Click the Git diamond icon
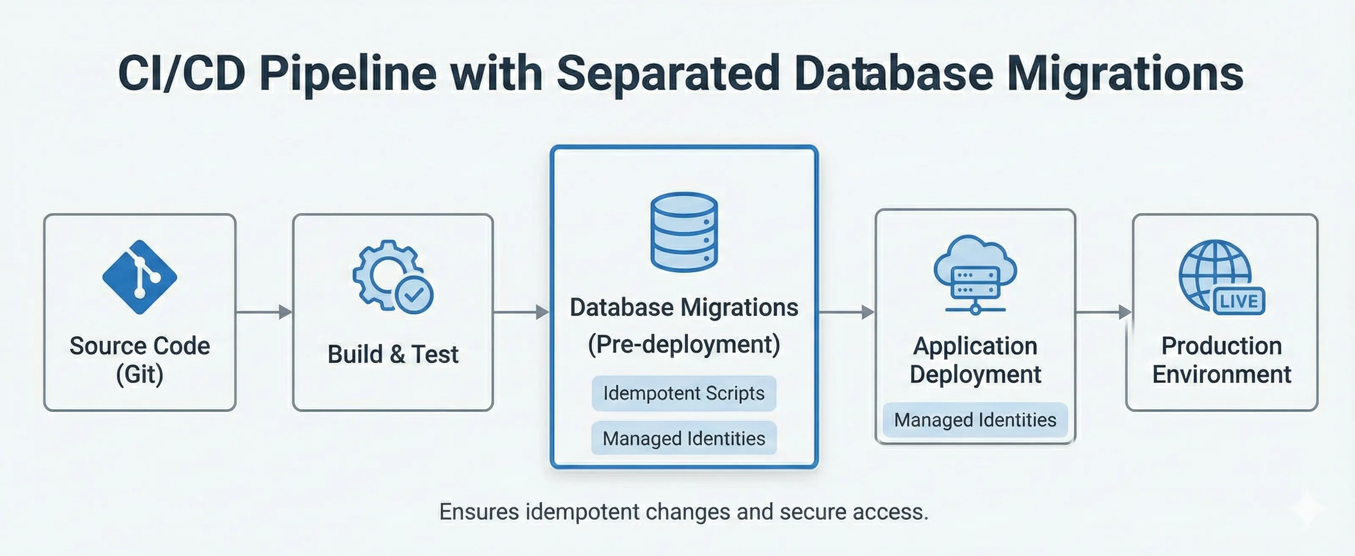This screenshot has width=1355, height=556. click(x=139, y=277)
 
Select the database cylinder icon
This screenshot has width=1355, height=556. click(x=684, y=232)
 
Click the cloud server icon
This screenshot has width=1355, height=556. click(x=975, y=274)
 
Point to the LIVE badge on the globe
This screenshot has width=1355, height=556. click(x=1239, y=301)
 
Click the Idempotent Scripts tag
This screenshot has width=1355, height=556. click(x=684, y=393)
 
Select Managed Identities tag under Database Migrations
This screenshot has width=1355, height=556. click(x=684, y=438)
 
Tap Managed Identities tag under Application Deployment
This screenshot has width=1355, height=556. click(x=975, y=420)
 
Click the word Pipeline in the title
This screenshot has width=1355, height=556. click(x=348, y=74)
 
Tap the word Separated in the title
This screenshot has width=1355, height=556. click(x=667, y=74)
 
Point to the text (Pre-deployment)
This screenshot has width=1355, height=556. click(x=684, y=345)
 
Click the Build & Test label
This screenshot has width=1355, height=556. click(x=393, y=354)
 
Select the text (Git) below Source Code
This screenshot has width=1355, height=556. click(x=139, y=374)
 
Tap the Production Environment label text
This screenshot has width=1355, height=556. click(x=1221, y=360)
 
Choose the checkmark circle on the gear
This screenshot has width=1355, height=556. click(x=414, y=295)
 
